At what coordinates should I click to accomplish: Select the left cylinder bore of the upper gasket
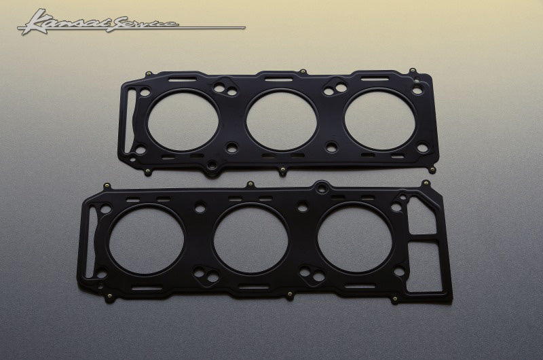pos(183,121)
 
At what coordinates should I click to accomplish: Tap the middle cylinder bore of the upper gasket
pos(282,121)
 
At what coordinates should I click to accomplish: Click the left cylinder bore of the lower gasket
pos(145,239)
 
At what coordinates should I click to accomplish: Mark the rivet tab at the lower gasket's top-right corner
pos(425,183)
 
